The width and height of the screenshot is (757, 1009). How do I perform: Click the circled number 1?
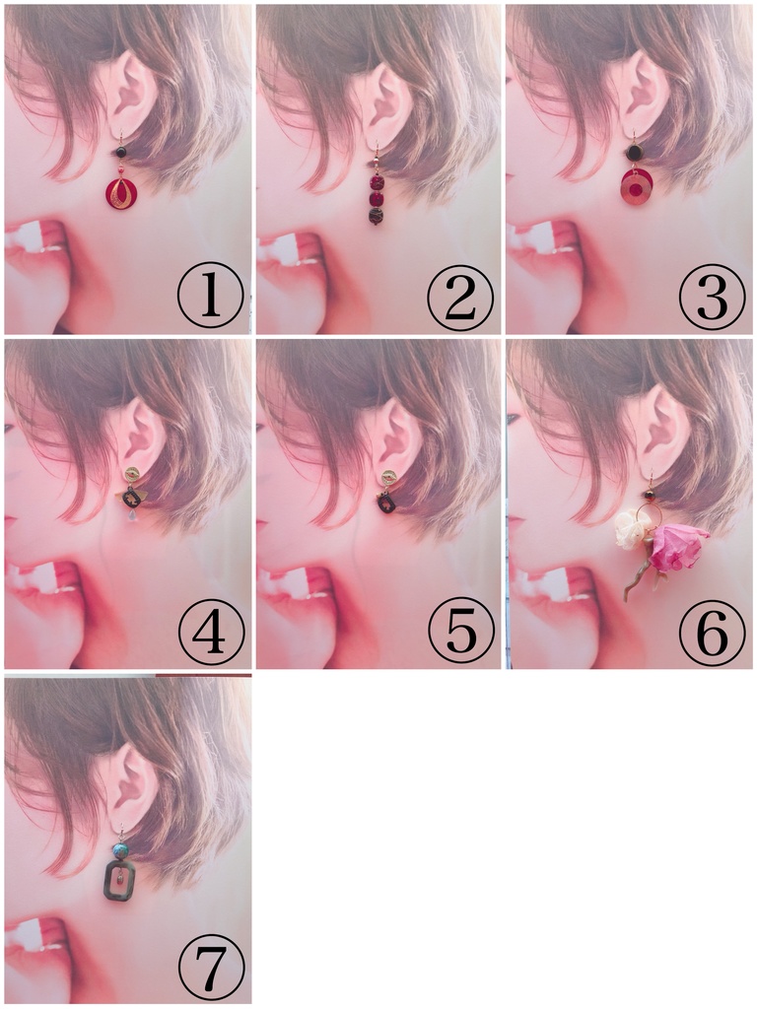(211, 296)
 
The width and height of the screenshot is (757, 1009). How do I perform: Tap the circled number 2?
(461, 296)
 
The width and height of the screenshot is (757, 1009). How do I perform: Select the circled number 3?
(712, 296)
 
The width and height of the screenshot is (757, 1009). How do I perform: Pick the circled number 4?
(211, 632)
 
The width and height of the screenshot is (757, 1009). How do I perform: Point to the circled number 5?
(461, 632)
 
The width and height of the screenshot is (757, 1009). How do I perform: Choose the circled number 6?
(712, 632)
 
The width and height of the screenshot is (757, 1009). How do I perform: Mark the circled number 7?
(211, 968)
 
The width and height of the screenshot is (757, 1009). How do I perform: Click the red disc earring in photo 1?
(120, 192)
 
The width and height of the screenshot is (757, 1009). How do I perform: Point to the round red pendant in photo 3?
(638, 188)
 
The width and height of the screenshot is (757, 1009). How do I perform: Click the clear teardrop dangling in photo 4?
(133, 516)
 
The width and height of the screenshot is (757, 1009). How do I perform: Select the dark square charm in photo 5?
(386, 504)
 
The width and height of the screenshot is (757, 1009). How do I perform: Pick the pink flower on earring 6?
(678, 547)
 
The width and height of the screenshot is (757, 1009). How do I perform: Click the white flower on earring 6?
(630, 530)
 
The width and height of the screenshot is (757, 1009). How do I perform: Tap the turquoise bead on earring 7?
(119, 850)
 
